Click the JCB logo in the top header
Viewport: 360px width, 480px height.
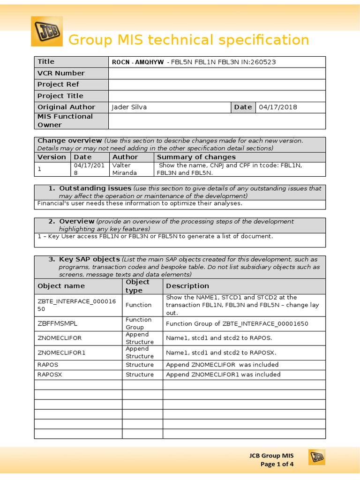[x=46, y=31]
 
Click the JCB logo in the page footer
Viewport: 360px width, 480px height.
[x=316, y=457]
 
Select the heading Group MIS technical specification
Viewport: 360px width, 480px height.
[x=189, y=40]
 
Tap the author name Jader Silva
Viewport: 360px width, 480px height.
[x=129, y=107]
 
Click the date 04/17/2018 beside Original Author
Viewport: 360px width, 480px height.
[x=278, y=107]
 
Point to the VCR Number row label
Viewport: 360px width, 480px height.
[x=61, y=73]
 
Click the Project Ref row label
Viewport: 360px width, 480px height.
[x=58, y=84]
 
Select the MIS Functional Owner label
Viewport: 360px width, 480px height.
[x=65, y=120]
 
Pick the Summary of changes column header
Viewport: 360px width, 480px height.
[x=196, y=157]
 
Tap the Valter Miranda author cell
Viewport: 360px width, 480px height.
[x=122, y=169]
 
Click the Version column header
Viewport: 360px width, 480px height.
[x=52, y=157]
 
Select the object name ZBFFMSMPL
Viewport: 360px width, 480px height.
[x=57, y=323]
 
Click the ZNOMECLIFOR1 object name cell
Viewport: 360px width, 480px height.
[x=61, y=352]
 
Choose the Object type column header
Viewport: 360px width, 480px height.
[x=138, y=286]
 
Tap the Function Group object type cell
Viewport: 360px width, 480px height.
[x=138, y=323]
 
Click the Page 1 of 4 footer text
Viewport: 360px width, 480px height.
[x=277, y=464]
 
